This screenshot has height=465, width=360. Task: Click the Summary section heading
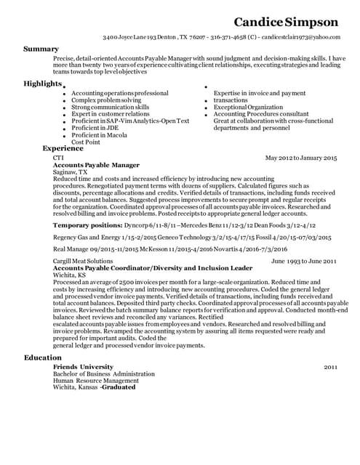[41, 49]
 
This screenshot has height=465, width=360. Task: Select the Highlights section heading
[42, 84]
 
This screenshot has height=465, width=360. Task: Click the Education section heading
[43, 358]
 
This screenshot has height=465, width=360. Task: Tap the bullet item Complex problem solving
[106, 100]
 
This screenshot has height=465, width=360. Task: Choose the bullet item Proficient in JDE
[94, 126]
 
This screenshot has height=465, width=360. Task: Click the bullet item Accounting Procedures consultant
[251, 114]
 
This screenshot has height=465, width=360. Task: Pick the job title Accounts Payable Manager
[96, 165]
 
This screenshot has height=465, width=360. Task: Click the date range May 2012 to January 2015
[301, 158]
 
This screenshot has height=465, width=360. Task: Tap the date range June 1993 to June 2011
[303, 260]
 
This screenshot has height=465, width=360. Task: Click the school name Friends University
[83, 367]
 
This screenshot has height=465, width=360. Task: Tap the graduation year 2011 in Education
[331, 367]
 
